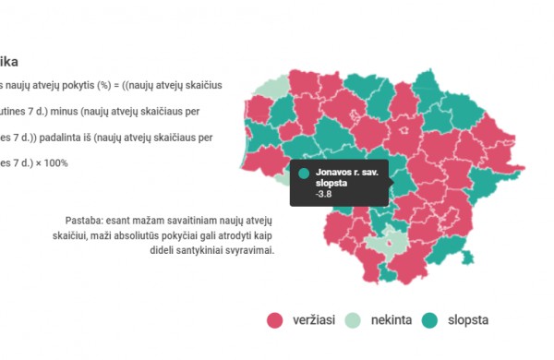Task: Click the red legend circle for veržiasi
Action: pyautogui.click(x=274, y=320)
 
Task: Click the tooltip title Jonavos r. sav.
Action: pyautogui.click(x=348, y=172)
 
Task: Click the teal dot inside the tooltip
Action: pyautogui.click(x=304, y=173)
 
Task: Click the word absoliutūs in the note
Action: pyautogui.click(x=136, y=235)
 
